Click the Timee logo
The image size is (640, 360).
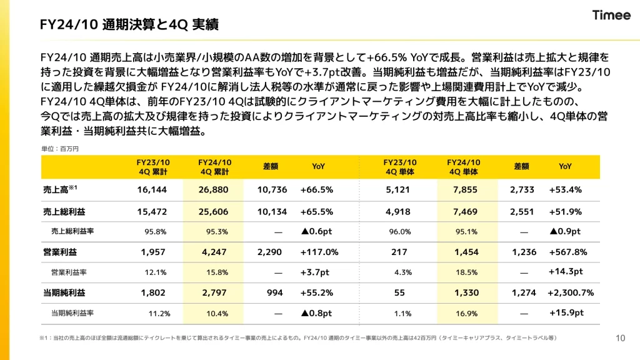click(611, 16)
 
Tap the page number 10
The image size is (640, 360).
click(620, 338)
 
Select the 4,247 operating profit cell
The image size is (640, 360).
click(214, 252)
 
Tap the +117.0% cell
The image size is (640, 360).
click(319, 252)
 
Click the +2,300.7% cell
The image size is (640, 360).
click(571, 292)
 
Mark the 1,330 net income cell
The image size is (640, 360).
click(466, 292)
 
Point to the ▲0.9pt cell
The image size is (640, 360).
click(565, 231)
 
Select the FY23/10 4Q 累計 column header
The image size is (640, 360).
click(153, 166)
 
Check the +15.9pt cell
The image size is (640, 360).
click(566, 312)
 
